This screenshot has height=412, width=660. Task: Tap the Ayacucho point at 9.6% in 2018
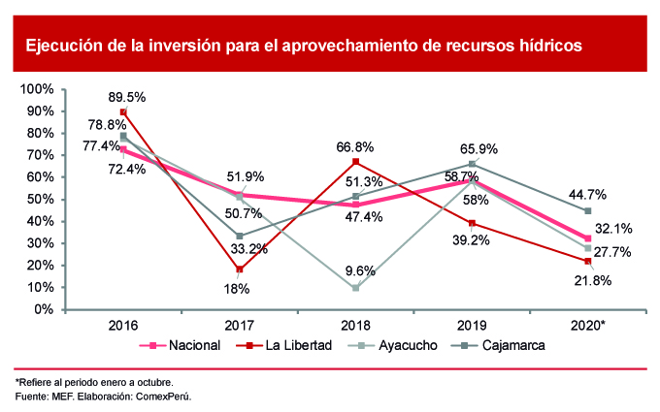[356, 288]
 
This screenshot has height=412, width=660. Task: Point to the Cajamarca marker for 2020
[588, 210]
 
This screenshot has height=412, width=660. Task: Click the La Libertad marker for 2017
[240, 269]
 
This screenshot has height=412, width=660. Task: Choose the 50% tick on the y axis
[39, 200]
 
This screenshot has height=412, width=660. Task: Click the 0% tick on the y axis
[43, 310]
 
